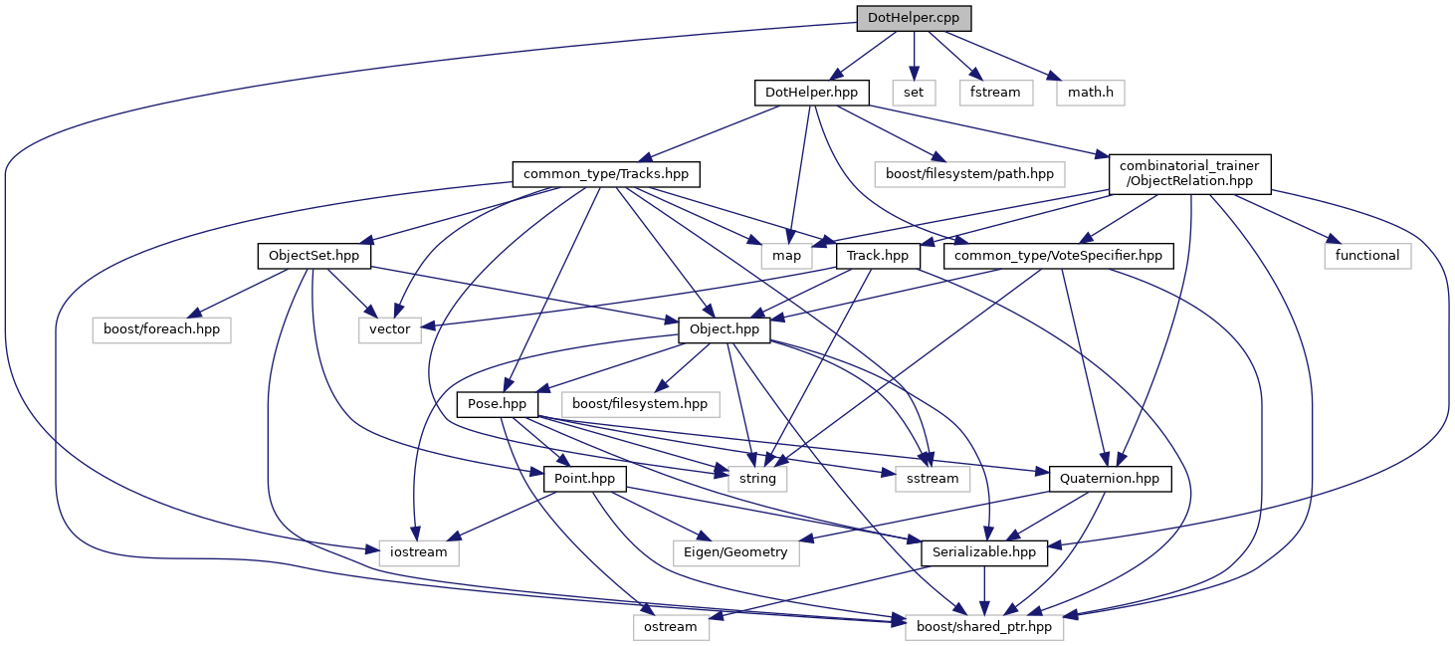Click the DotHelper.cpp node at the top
(x=914, y=18)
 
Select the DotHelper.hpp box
(x=812, y=93)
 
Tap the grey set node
(x=914, y=93)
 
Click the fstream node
(x=995, y=93)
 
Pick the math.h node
(x=1091, y=93)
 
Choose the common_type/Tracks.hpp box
(x=606, y=174)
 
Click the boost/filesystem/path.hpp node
(x=964, y=174)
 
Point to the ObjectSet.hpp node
(x=313, y=256)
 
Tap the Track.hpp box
(x=878, y=256)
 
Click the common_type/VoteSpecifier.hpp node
(x=1058, y=256)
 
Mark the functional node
(x=1367, y=256)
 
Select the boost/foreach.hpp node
(x=161, y=329)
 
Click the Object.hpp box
(x=725, y=329)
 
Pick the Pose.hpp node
(x=498, y=404)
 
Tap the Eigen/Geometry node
(x=736, y=552)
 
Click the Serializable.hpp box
(x=984, y=552)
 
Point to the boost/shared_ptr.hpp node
(x=984, y=627)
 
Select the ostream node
(x=671, y=627)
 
